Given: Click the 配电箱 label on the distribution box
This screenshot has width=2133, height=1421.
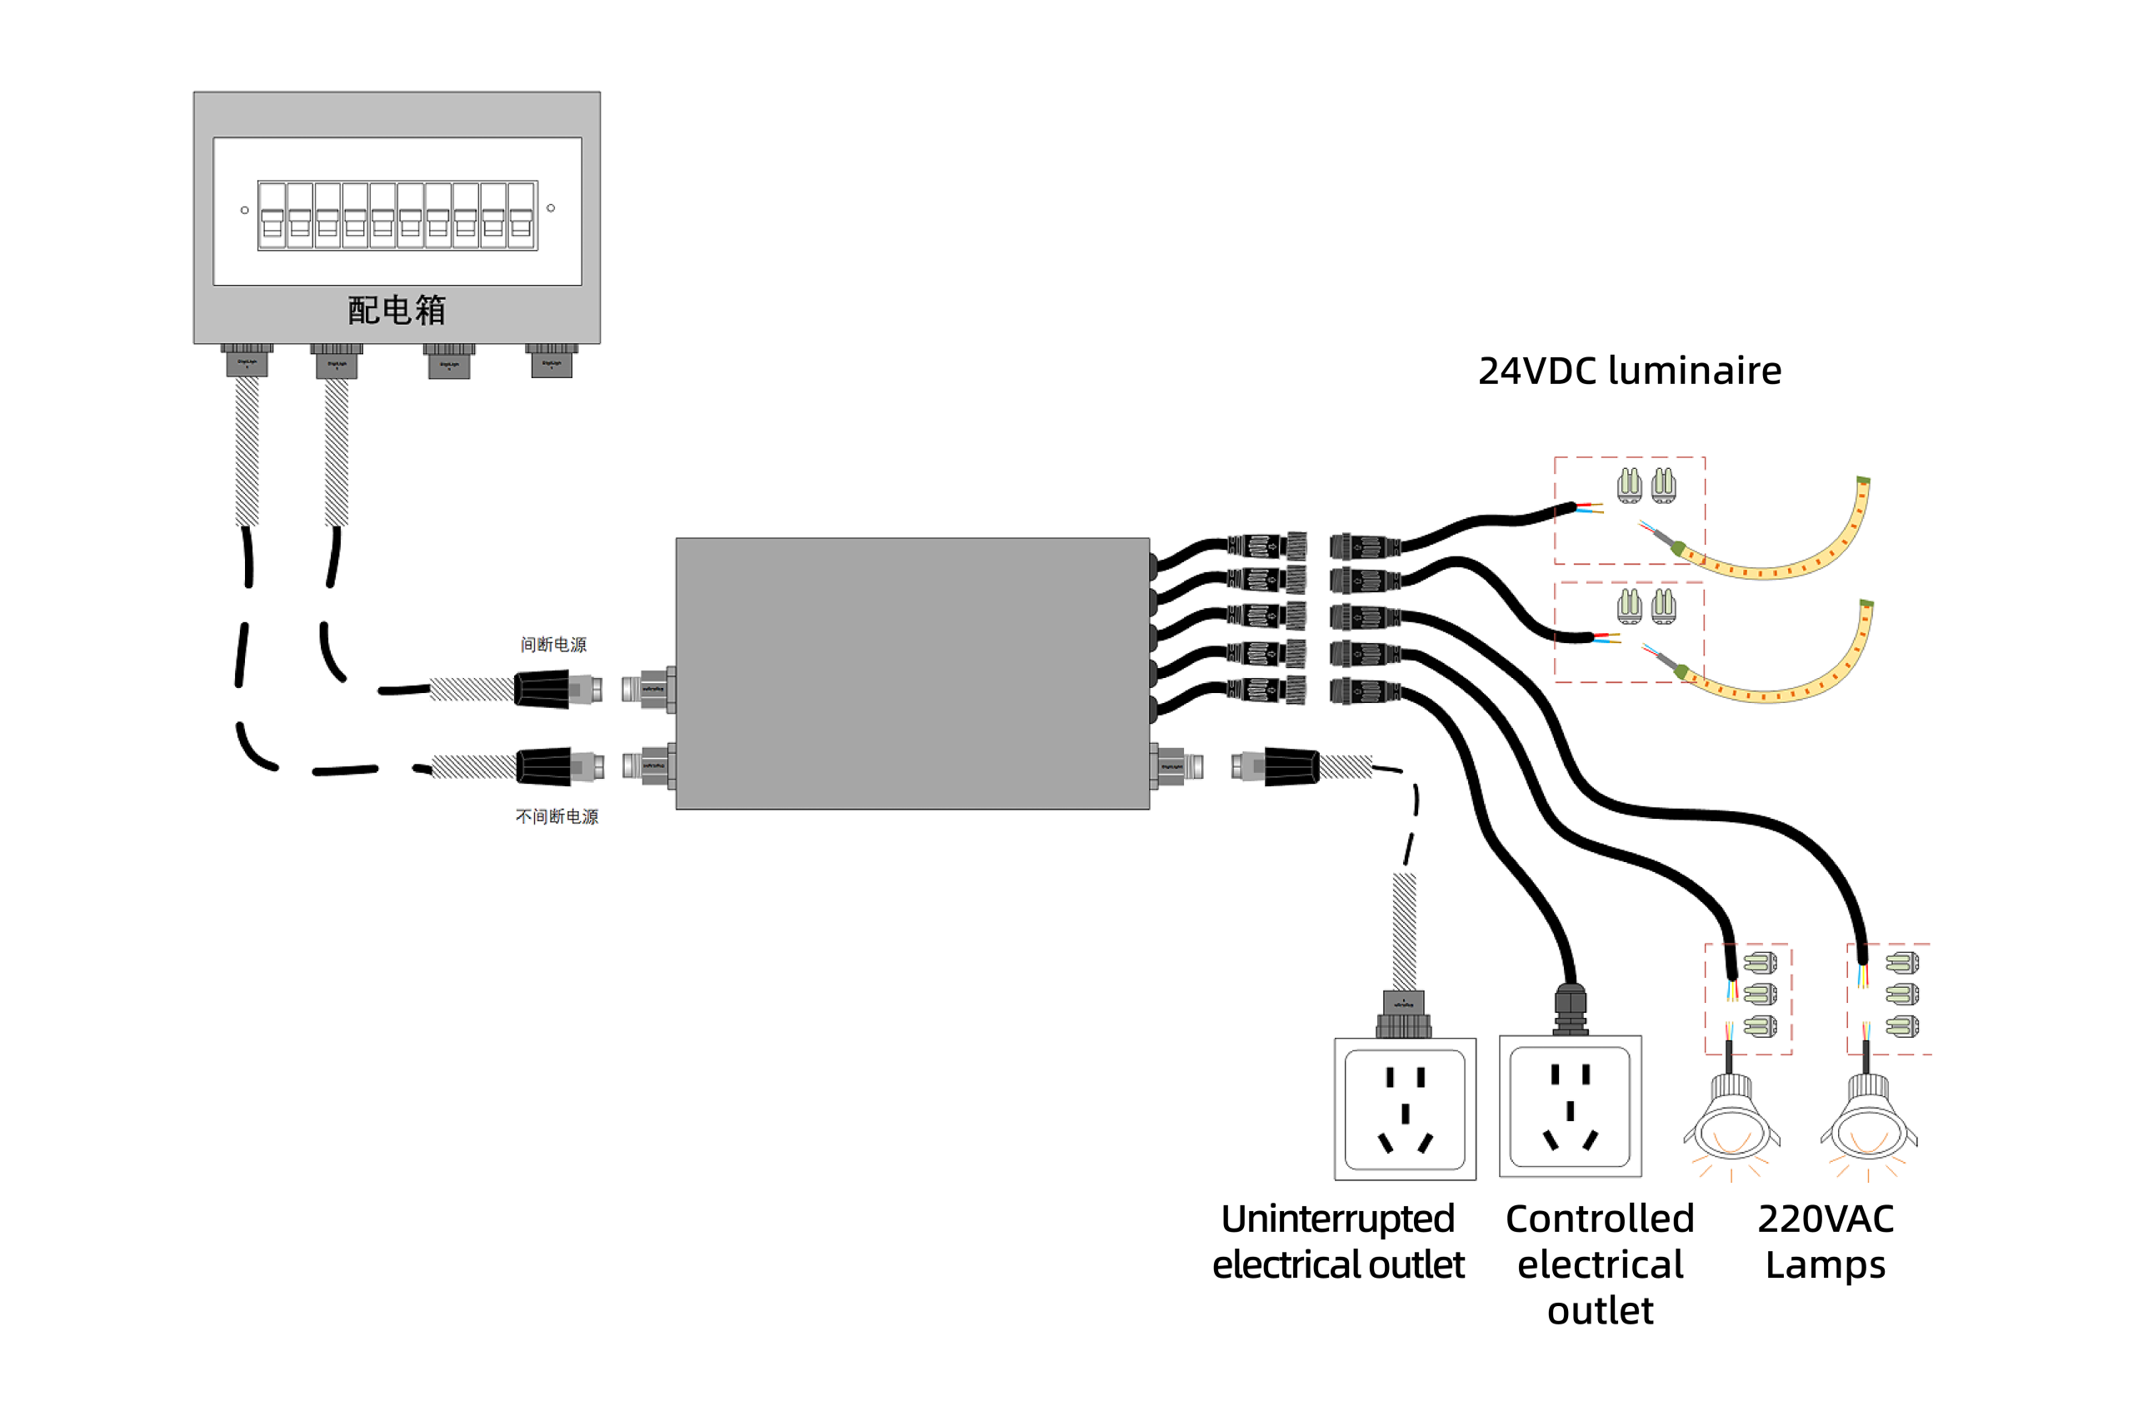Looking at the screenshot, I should [397, 310].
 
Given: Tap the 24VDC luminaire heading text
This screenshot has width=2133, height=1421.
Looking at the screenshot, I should [1629, 371].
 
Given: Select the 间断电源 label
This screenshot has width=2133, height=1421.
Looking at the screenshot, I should [553, 645].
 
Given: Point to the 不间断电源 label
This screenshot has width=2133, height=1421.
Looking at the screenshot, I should [557, 816].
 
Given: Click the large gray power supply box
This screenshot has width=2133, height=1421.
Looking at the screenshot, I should [912, 672].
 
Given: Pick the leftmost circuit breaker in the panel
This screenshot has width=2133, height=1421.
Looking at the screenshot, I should [272, 216].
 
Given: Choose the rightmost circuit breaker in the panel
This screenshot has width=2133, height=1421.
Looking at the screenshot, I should [522, 216].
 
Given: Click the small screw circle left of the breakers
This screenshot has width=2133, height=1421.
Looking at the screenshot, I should [245, 210].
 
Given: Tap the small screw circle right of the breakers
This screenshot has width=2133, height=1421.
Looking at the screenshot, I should [550, 208].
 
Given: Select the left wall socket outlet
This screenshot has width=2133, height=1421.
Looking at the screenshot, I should [1405, 1109].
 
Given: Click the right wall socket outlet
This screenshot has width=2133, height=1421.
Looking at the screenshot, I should [1570, 1106].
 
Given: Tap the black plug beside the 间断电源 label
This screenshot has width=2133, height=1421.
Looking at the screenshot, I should [542, 690].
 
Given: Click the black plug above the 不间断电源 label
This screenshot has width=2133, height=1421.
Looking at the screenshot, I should [544, 766].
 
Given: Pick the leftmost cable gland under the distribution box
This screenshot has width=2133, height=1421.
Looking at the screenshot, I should [247, 360].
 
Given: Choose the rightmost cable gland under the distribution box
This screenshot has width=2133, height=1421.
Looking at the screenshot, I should [551, 360].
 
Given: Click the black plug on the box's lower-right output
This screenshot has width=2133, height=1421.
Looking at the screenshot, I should [1291, 766].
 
